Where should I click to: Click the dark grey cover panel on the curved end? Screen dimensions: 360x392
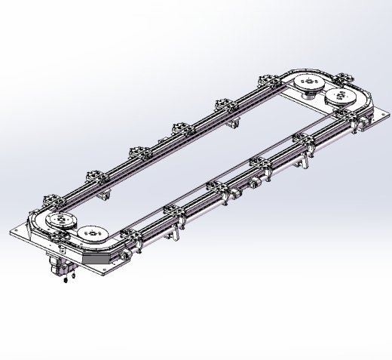point(98,257)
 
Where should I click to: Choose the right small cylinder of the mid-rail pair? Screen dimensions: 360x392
point(256,181)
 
